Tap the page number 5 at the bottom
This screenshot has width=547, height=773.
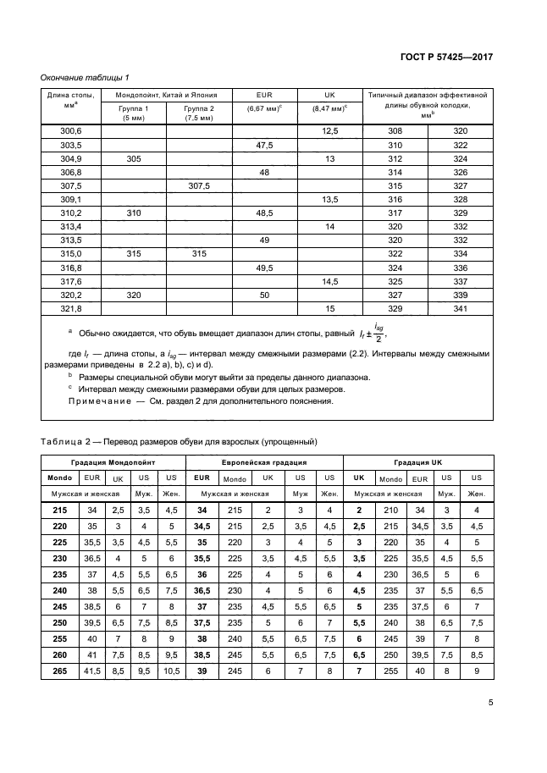coord(491,702)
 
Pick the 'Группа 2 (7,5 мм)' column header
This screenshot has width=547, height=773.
coord(199,113)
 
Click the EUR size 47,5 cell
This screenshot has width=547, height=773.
coord(263,145)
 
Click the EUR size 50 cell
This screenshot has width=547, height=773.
coord(263,294)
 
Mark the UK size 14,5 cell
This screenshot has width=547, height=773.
coord(329,280)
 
